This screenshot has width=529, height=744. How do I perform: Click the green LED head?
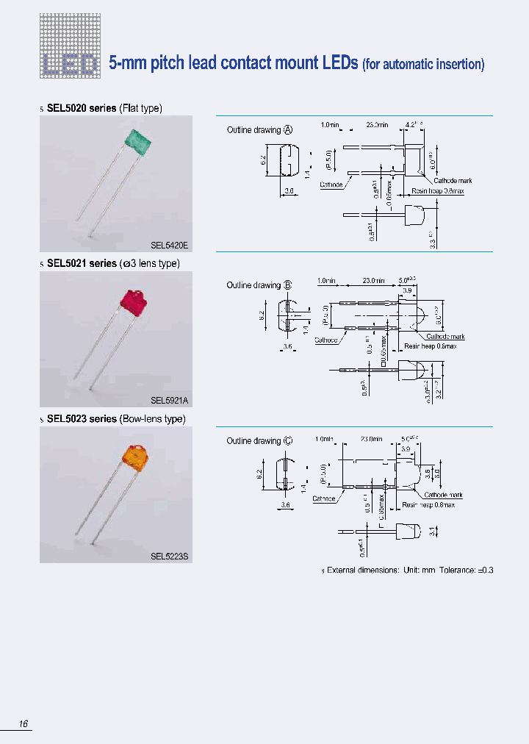tap(137, 140)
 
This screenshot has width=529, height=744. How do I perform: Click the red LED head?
tap(134, 301)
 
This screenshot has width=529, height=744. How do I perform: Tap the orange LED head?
tap(135, 457)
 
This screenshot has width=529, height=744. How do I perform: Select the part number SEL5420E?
tap(170, 246)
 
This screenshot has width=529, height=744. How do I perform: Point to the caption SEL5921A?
tap(170, 401)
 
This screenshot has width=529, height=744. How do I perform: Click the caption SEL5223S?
tap(170, 557)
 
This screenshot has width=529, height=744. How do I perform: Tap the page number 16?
tap(24, 725)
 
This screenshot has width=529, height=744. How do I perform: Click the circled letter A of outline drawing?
tap(288, 130)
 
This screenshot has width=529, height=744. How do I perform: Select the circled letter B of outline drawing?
tap(288, 285)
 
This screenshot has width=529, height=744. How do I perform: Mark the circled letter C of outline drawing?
tap(288, 441)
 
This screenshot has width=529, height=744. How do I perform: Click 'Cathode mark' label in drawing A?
tap(453, 181)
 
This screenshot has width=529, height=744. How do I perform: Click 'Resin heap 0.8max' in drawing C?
tap(428, 505)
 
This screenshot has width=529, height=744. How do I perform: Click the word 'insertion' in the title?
tap(456, 65)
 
